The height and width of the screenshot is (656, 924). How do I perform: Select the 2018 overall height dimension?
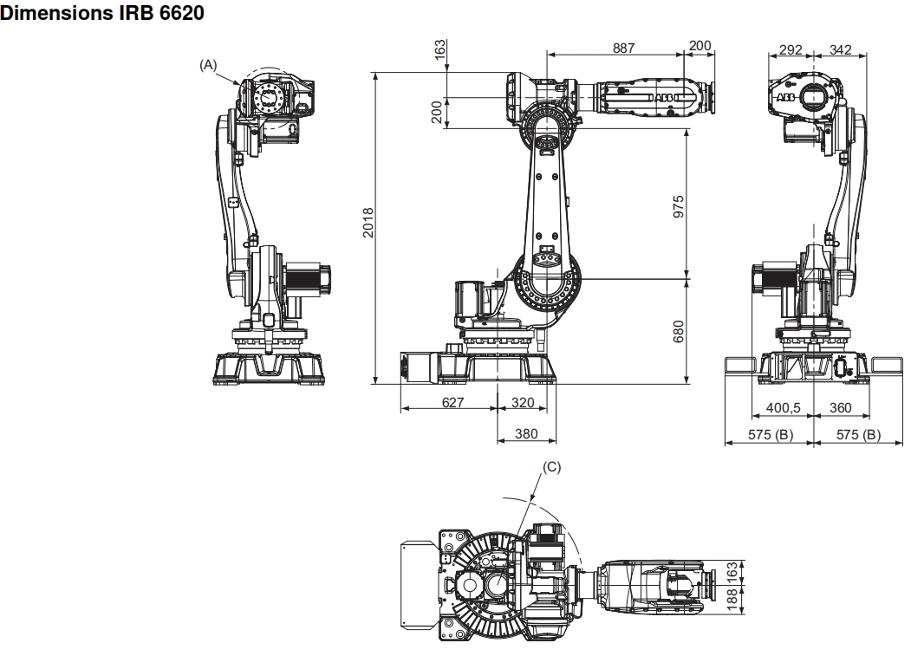[x=368, y=226]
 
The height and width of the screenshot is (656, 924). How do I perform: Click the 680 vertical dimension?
[x=680, y=331]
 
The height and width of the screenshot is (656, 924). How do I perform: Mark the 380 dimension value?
[x=527, y=433]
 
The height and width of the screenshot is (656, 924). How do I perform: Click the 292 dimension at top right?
[x=791, y=49]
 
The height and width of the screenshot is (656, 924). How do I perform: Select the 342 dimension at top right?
[x=840, y=49]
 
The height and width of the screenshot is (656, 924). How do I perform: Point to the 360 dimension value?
[x=840, y=407]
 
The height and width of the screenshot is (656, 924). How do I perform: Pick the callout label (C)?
[x=552, y=466]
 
